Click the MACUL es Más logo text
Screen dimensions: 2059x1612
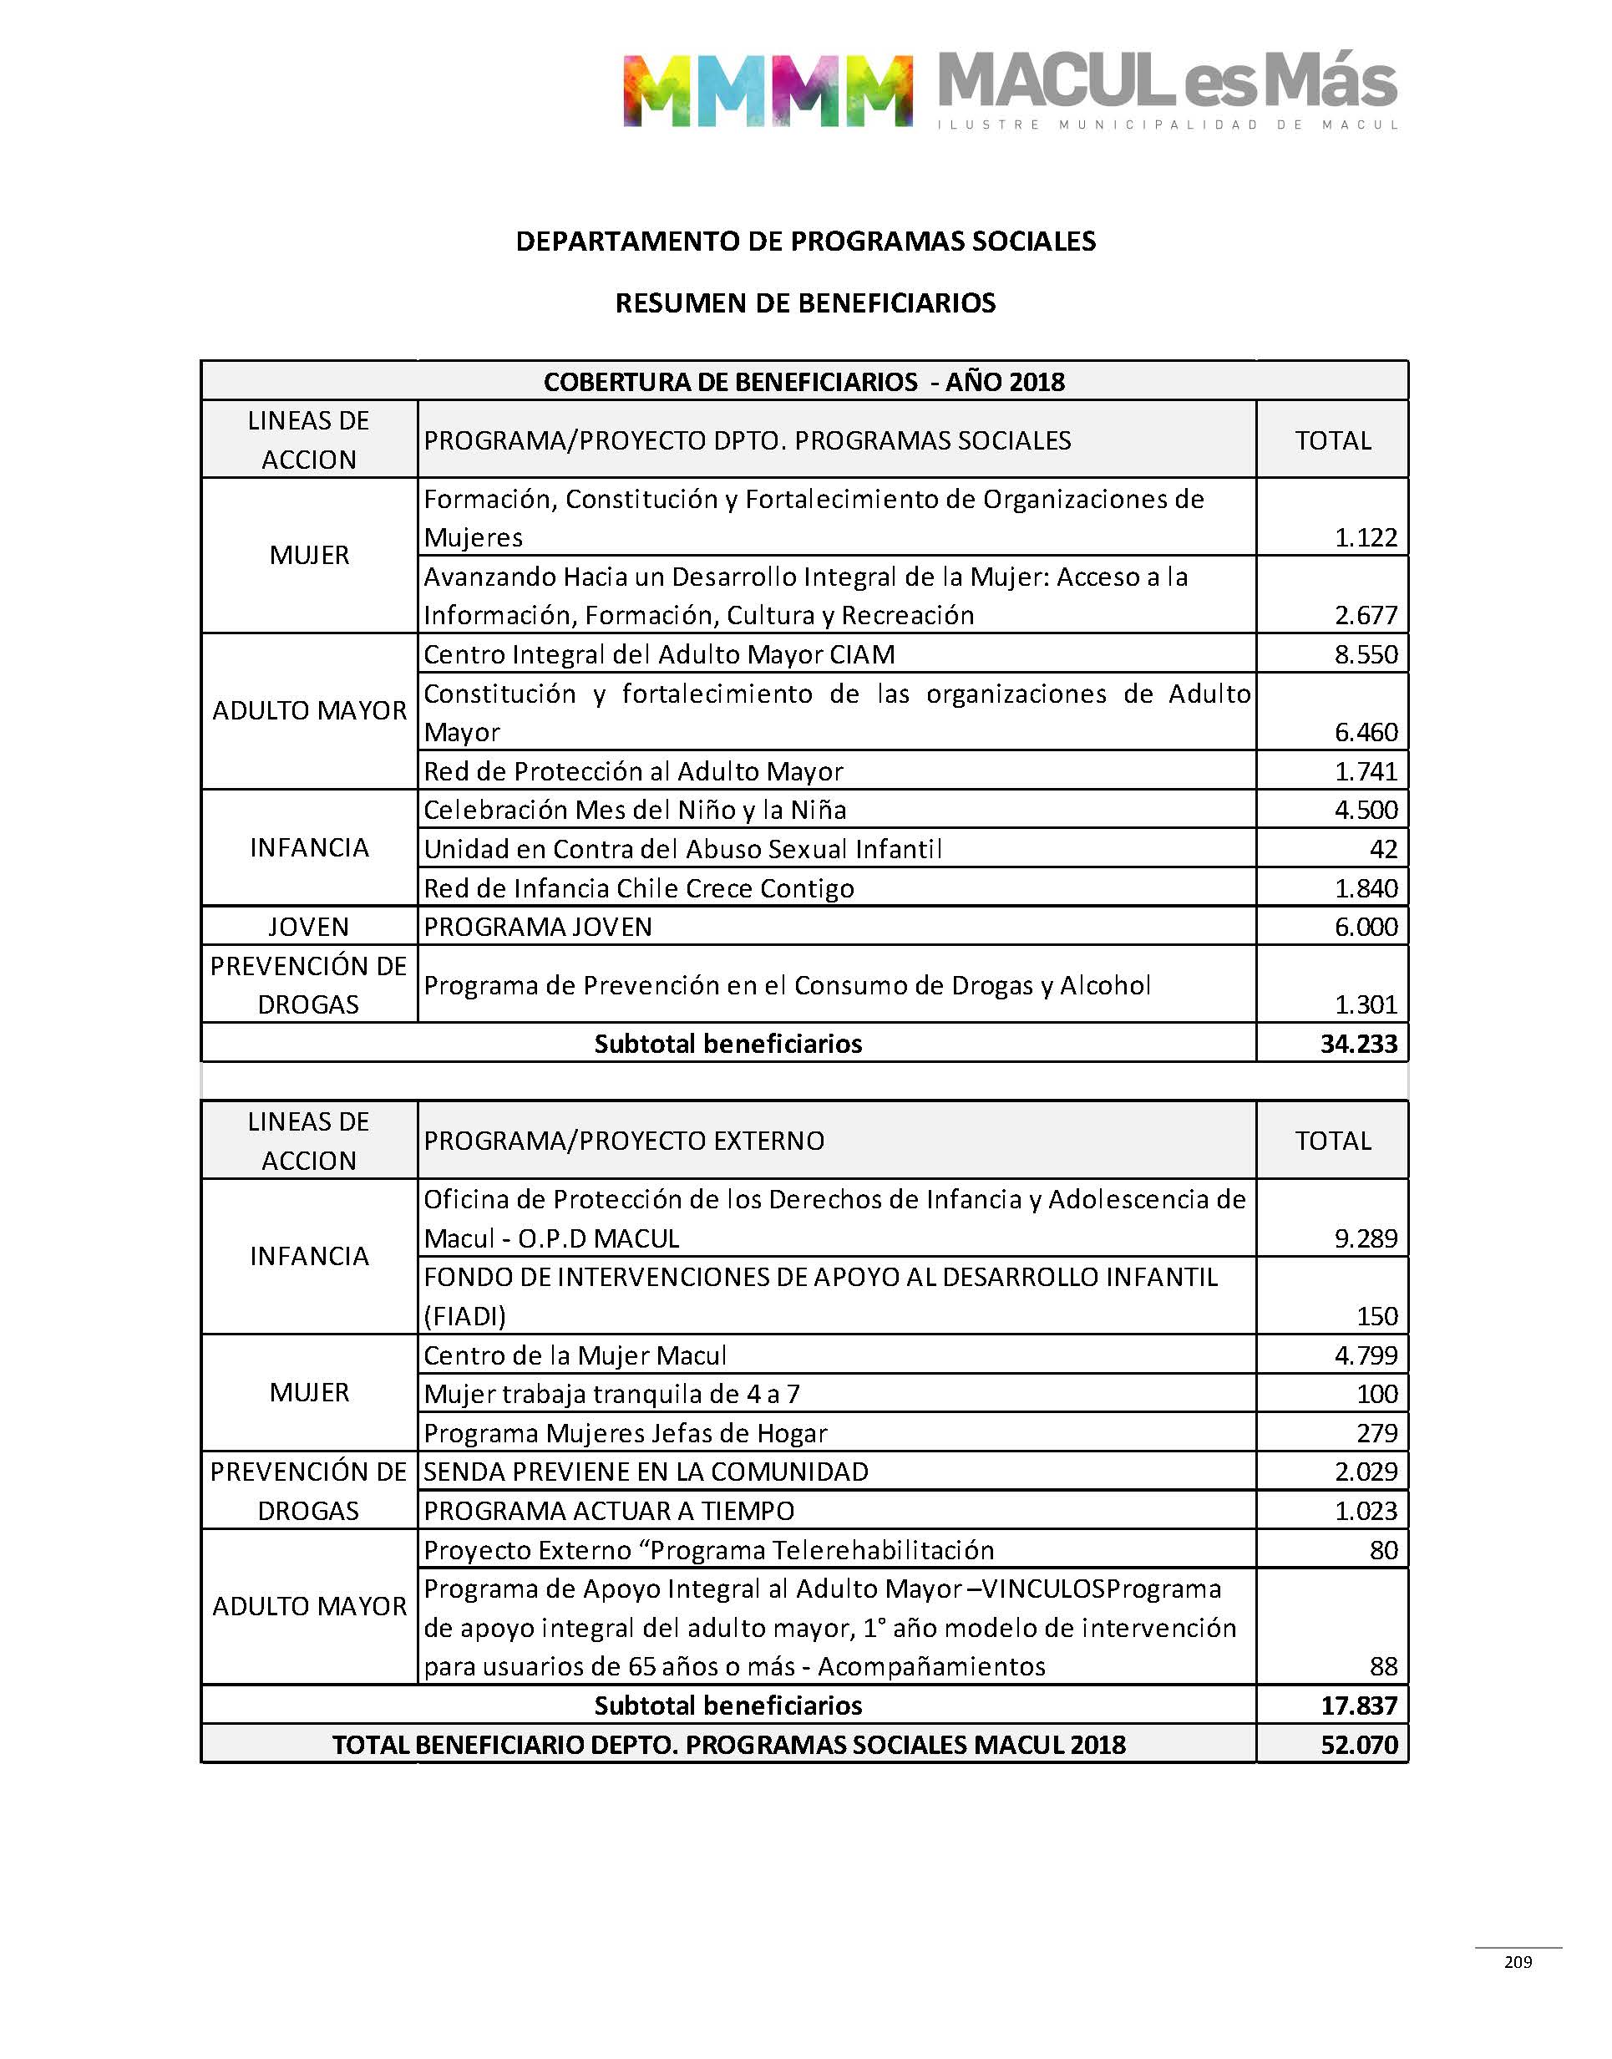1167,82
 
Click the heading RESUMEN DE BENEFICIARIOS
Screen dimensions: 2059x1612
805,303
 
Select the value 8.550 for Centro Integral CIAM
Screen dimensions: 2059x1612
1365,654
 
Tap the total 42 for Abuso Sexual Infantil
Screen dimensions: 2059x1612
1382,849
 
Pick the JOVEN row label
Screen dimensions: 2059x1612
309,926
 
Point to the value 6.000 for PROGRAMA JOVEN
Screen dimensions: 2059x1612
1365,926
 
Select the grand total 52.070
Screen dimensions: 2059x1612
1358,1745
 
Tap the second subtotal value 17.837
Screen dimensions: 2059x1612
1358,1705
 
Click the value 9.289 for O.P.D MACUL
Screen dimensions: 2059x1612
1365,1238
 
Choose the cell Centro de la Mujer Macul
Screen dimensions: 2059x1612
575,1355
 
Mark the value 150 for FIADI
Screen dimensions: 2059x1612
1377,1316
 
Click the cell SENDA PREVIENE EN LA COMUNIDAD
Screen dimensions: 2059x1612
646,1472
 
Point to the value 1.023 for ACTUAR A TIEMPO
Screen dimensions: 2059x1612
1365,1511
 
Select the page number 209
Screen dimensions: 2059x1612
1518,1962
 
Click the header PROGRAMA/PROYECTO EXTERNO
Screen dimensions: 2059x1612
624,1141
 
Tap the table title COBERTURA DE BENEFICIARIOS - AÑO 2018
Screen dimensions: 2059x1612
804,381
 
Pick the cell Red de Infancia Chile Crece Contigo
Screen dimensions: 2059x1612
639,888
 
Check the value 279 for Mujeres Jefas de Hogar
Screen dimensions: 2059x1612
1377,1433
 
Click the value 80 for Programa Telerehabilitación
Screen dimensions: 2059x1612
1382,1550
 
